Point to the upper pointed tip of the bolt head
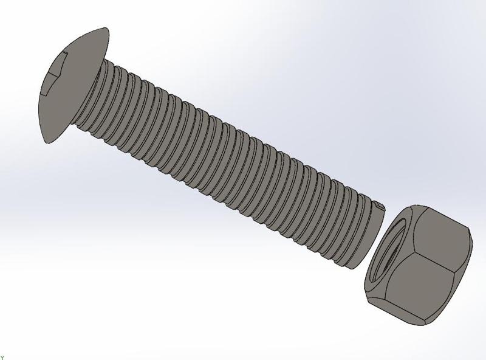click(x=108, y=29)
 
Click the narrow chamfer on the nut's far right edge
click(x=465, y=268)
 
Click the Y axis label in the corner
click(x=2, y=357)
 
